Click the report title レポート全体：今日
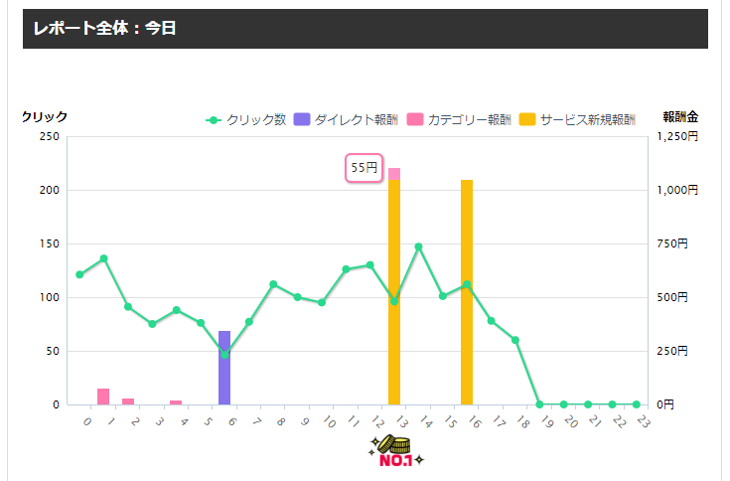(104, 29)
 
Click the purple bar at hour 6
(224, 368)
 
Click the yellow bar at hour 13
(394, 298)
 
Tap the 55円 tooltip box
(365, 168)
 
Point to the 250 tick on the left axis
(49, 136)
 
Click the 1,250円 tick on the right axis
(680, 136)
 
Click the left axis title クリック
(45, 116)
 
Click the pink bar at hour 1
(103, 397)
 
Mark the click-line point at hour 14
(418, 246)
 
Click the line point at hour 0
(79, 274)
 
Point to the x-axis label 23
(643, 422)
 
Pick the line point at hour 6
(224, 355)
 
